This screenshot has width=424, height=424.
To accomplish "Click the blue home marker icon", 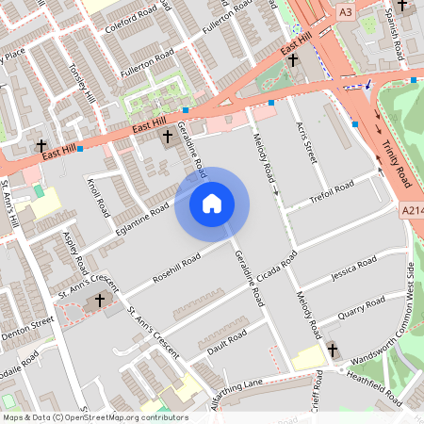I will pos(212,203).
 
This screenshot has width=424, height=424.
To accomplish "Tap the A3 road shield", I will pos(345,11).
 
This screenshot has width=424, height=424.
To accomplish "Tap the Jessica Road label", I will pos(351,268).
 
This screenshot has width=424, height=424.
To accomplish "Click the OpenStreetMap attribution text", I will pos(95,417).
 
